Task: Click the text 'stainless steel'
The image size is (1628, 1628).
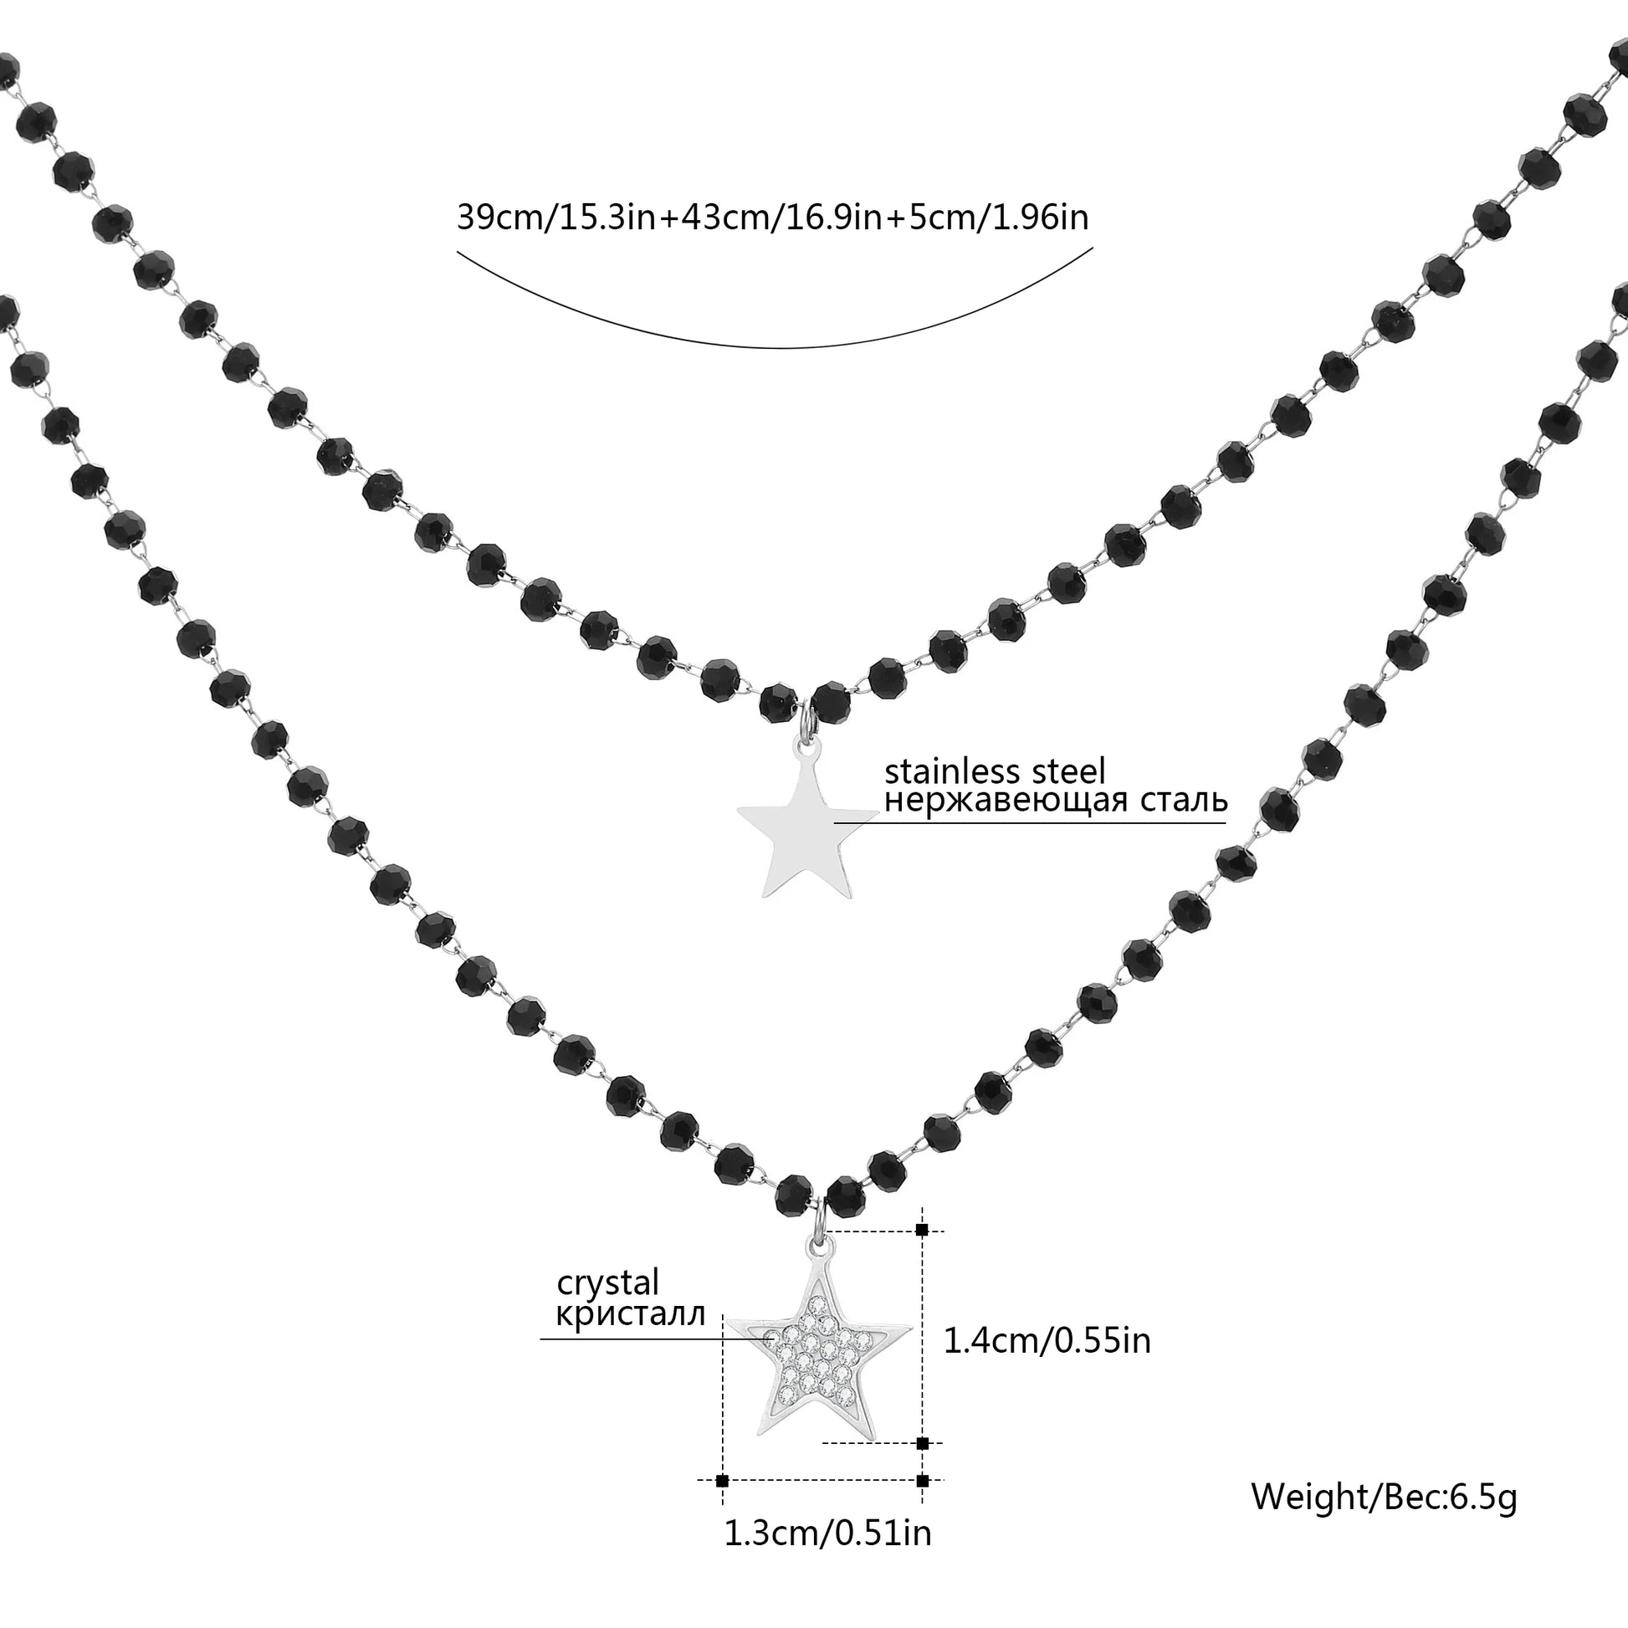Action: coord(995,771)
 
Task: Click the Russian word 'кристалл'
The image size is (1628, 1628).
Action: coord(630,1315)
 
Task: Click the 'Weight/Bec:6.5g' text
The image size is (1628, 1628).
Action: coord(1384,1497)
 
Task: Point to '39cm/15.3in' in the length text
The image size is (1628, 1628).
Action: coord(557,218)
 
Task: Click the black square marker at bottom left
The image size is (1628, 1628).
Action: coord(721,1480)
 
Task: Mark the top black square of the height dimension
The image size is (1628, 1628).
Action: coord(922,1231)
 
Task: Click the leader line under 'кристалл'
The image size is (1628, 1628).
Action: coord(632,1339)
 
